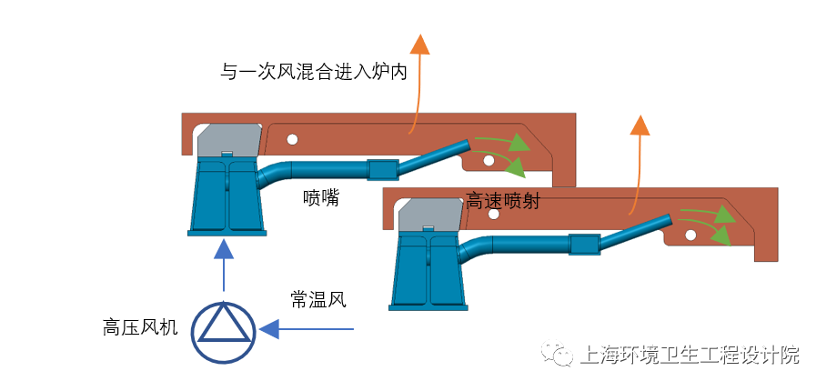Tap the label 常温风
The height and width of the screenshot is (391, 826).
click(x=318, y=298)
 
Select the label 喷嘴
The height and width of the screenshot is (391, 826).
click(x=321, y=197)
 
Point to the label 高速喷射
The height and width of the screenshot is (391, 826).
click(x=503, y=201)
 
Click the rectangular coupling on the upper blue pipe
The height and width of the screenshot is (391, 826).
click(x=382, y=169)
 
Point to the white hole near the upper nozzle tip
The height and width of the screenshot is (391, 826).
click(x=489, y=161)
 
